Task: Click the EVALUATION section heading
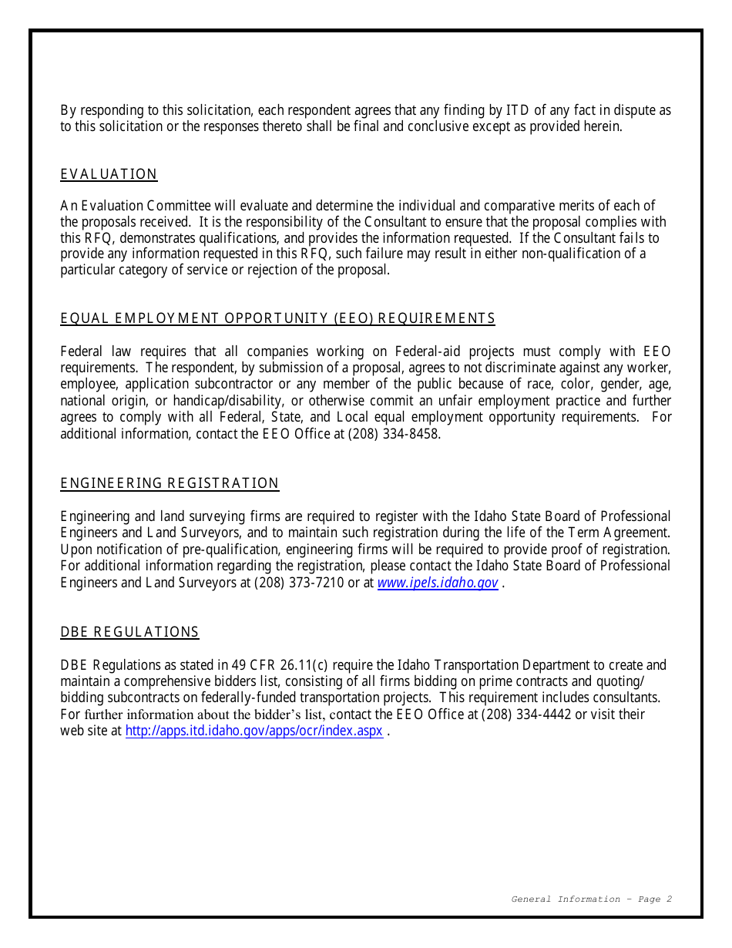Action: click(x=109, y=174)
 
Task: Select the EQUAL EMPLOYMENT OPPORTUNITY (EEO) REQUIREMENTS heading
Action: click(x=277, y=318)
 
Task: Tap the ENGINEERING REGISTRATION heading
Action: click(x=170, y=483)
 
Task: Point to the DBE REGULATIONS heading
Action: click(x=129, y=632)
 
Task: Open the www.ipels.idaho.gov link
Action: click(x=437, y=583)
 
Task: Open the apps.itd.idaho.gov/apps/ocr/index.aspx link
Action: click(x=254, y=731)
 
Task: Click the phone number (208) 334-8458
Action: click(x=395, y=434)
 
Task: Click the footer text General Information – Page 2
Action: click(x=591, y=899)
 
